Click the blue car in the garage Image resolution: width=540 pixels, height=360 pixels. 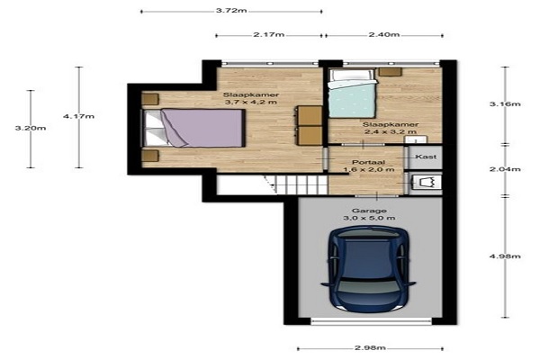[368, 269]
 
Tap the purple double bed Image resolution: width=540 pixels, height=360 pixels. [193, 128]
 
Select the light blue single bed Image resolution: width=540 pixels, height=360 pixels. [352, 94]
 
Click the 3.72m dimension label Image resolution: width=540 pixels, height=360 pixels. [231, 10]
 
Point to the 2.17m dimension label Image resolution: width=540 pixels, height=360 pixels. [269, 34]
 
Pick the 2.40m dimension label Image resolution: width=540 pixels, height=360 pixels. [384, 34]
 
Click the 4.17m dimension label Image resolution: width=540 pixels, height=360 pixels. [79, 116]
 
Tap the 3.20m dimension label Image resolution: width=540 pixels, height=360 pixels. [31, 128]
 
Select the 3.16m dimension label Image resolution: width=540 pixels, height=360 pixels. [505, 104]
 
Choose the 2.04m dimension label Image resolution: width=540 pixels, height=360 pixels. [505, 169]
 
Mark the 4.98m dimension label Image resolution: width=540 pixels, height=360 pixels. [505, 256]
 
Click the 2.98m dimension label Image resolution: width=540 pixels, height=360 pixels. [370, 348]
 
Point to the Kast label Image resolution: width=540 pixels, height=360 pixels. [426, 157]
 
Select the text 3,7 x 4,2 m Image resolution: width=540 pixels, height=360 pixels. [251, 103]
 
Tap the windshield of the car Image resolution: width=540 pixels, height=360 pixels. [368, 285]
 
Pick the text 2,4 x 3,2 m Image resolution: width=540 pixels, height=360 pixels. [391, 132]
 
